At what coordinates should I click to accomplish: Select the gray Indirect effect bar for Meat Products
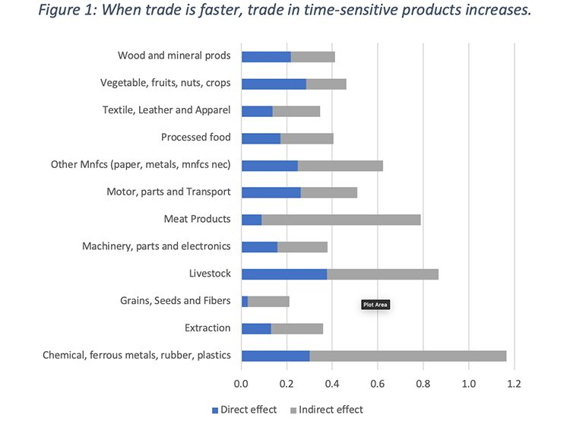pos(341,219)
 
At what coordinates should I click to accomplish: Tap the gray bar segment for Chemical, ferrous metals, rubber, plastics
pos(407,355)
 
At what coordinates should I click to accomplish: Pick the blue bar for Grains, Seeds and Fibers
pos(245,301)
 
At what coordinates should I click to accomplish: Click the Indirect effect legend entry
pos(327,410)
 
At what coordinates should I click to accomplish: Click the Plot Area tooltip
pos(375,305)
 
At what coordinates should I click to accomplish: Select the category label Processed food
pos(195,138)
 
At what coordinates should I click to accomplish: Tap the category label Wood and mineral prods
pos(174,55)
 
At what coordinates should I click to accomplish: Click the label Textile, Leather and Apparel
pos(166,110)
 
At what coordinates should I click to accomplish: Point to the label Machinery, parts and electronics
pos(156,246)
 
